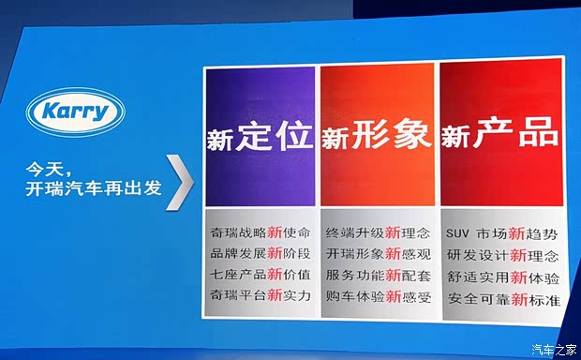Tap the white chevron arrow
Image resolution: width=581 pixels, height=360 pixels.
pos(184,182)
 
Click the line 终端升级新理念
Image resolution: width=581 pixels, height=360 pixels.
pos(377,232)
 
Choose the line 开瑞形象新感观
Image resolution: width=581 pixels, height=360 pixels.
pos(377,253)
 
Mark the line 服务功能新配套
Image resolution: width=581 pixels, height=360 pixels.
pos(377,275)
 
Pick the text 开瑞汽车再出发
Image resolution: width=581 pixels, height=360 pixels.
pos(94,189)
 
